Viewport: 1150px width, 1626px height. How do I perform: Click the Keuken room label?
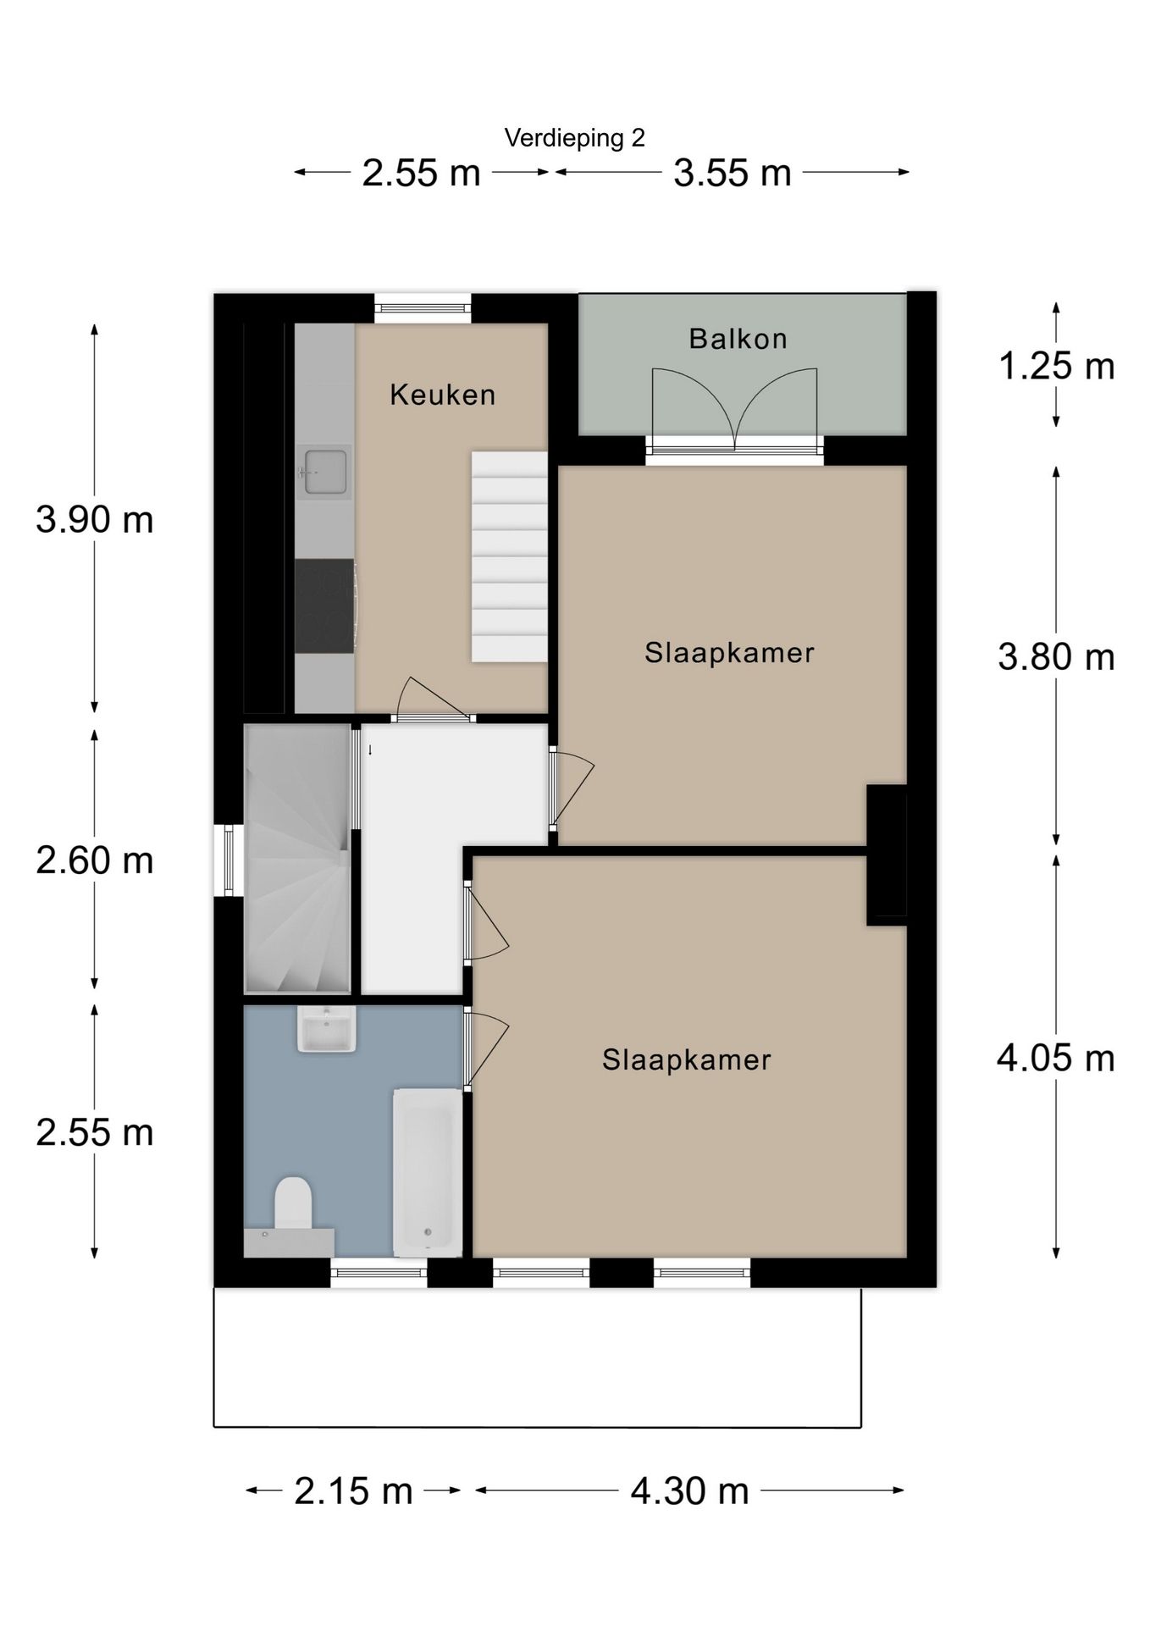tap(442, 395)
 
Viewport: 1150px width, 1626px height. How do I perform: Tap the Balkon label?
tap(738, 339)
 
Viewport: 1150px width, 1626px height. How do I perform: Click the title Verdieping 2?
tap(574, 138)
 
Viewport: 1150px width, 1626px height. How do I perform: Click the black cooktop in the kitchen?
tap(324, 606)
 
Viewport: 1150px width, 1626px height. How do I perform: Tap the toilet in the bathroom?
tap(293, 1203)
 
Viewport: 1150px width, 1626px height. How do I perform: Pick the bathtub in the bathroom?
tap(428, 1172)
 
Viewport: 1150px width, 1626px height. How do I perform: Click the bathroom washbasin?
tap(326, 1030)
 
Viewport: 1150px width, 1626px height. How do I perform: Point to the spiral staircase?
tap(296, 860)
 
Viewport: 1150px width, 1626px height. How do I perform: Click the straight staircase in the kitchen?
tap(509, 556)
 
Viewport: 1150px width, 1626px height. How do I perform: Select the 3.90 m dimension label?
tap(95, 519)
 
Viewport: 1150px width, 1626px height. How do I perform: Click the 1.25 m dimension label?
tap(1056, 367)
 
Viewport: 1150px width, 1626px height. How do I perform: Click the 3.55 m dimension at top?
tap(732, 174)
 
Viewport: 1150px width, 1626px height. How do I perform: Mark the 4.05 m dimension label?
tap(1055, 1059)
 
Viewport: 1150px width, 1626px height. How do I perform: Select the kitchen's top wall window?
tap(423, 307)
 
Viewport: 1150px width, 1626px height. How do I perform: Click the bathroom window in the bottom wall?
tap(379, 1273)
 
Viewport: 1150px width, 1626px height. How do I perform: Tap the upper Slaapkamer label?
tap(729, 653)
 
